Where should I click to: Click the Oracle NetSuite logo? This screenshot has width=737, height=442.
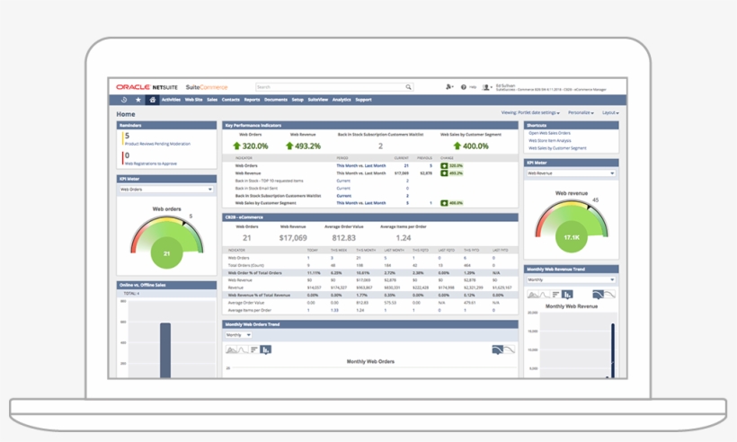point(148,86)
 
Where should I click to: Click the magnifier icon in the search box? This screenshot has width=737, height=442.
point(408,87)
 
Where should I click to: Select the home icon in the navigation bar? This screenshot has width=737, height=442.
point(153,100)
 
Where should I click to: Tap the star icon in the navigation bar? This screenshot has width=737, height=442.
point(138,100)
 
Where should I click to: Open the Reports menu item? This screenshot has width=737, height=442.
point(252,100)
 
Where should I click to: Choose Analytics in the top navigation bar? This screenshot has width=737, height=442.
point(342,100)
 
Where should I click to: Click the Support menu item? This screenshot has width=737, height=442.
point(363,100)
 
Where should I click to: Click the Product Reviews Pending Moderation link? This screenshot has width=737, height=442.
point(156,144)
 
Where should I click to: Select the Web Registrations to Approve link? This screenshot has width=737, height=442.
point(150,164)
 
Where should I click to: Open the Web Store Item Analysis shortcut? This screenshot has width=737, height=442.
point(549,140)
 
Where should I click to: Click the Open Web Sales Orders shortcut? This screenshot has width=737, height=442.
point(549,133)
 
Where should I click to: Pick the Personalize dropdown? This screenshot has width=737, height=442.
point(581,113)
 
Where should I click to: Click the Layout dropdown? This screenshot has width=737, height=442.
point(610,113)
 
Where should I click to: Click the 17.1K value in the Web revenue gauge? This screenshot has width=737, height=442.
point(572,237)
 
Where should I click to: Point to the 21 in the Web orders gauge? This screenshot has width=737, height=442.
point(166,254)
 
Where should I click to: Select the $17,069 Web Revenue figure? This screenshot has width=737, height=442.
point(293,238)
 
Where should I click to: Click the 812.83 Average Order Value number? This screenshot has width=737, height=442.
point(344,238)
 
